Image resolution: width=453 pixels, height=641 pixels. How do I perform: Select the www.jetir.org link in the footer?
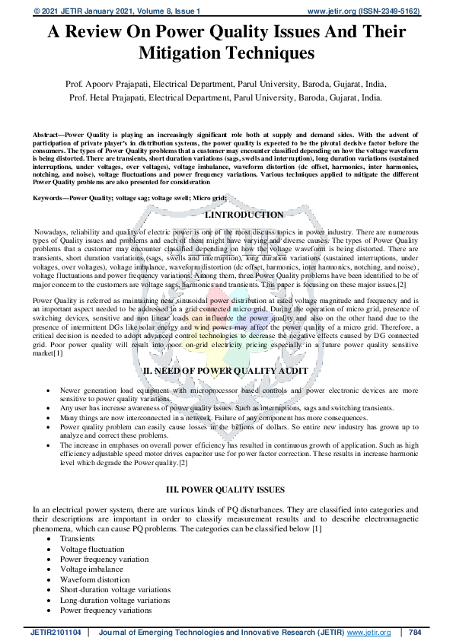[363, 633]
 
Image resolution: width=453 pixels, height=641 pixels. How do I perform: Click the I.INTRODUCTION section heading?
[244, 215]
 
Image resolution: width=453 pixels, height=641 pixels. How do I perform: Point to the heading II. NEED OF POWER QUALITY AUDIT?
[225, 370]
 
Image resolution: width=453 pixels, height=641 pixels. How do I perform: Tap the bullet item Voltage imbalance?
[91, 569]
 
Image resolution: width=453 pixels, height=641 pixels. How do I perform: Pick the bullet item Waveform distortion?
[92, 579]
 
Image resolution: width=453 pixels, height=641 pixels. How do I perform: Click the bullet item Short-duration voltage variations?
[115, 589]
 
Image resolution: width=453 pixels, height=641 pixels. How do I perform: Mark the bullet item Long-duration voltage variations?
[114, 600]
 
